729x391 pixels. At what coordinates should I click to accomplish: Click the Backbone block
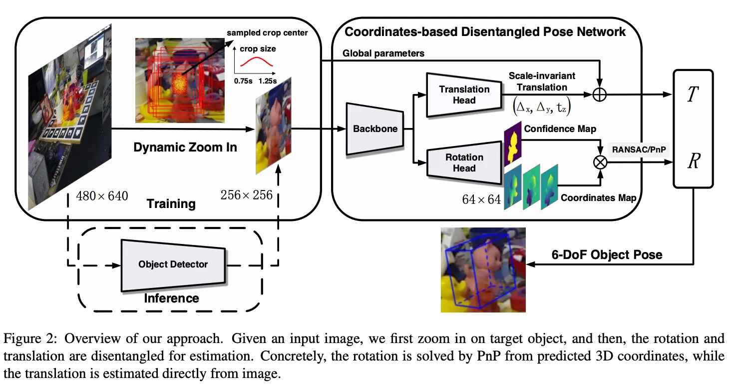pyautogui.click(x=375, y=129)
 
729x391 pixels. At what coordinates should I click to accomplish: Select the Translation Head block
pyautogui.click(x=464, y=94)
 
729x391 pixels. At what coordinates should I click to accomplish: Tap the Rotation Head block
pyautogui.click(x=464, y=162)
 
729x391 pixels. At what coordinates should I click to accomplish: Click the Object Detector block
pyautogui.click(x=173, y=264)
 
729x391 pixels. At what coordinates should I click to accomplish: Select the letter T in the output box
pyautogui.click(x=692, y=95)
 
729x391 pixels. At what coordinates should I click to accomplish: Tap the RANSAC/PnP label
pyautogui.click(x=639, y=148)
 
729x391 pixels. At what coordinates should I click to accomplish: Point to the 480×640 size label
pyautogui.click(x=102, y=195)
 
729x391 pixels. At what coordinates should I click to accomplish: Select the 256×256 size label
pyautogui.click(x=247, y=194)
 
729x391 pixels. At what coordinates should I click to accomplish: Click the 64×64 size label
pyautogui.click(x=481, y=199)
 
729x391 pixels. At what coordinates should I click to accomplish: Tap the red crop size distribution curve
pyautogui.click(x=257, y=61)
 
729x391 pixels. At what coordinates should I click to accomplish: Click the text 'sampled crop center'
pyautogui.click(x=267, y=33)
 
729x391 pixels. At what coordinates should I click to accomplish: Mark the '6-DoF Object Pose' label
pyautogui.click(x=607, y=254)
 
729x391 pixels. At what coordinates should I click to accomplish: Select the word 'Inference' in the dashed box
pyautogui.click(x=171, y=298)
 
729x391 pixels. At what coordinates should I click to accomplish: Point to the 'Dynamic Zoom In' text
pyautogui.click(x=185, y=147)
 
